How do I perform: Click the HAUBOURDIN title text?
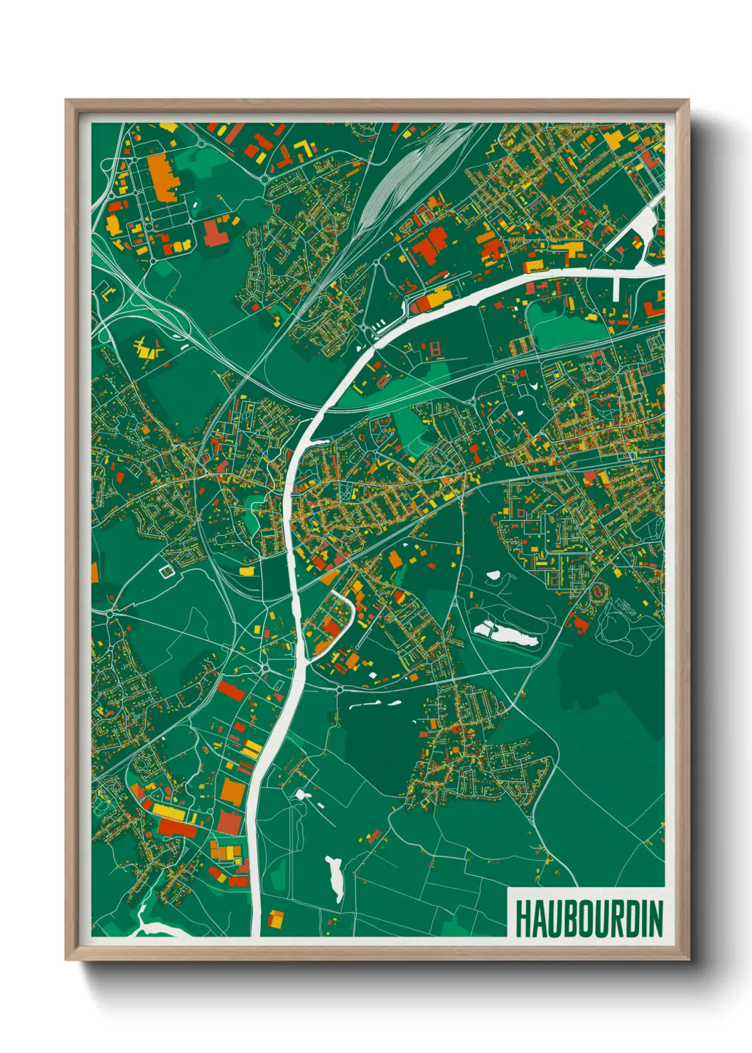(588, 919)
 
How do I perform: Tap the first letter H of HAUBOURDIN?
(521, 919)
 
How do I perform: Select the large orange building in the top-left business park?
(161, 176)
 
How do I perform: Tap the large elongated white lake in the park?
(506, 633)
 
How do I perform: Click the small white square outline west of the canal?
(166, 570)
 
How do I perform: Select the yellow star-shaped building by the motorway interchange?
(148, 349)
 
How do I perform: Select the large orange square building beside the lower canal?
(232, 791)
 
